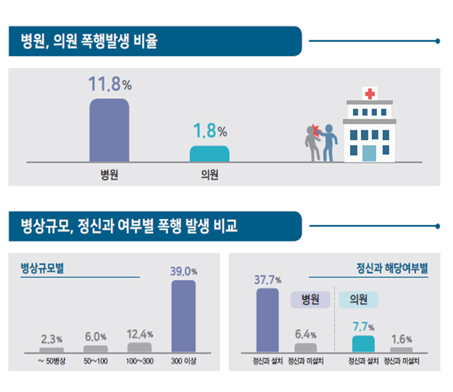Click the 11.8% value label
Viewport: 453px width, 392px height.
[110, 84]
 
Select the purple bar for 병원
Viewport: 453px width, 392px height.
[109, 129]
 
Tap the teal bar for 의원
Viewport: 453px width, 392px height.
[209, 153]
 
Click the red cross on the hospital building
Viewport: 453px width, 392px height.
[370, 94]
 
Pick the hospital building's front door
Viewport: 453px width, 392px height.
[369, 153]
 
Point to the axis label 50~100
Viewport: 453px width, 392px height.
[95, 360]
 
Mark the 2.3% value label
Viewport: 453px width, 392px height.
[51, 339]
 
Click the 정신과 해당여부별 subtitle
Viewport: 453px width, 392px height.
[392, 268]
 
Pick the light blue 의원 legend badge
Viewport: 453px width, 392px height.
[359, 300]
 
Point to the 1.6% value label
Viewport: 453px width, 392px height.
[401, 339]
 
